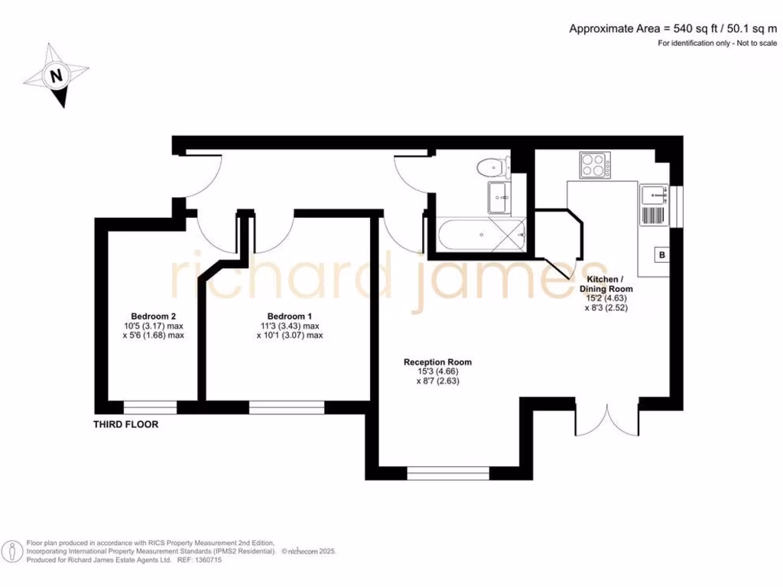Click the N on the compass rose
coord(55,76)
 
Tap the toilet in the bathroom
coord(492,165)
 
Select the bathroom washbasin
coord(500,197)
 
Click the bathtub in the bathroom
coord(482,235)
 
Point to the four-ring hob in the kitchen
coord(596,165)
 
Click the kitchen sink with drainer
coord(653,205)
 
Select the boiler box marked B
coord(661,255)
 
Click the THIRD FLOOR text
coord(126,424)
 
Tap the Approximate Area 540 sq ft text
coord(673,29)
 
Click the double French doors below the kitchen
coord(606,419)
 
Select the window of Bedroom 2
coord(150,407)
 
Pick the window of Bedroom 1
coord(287,407)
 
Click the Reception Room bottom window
coord(448,474)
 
